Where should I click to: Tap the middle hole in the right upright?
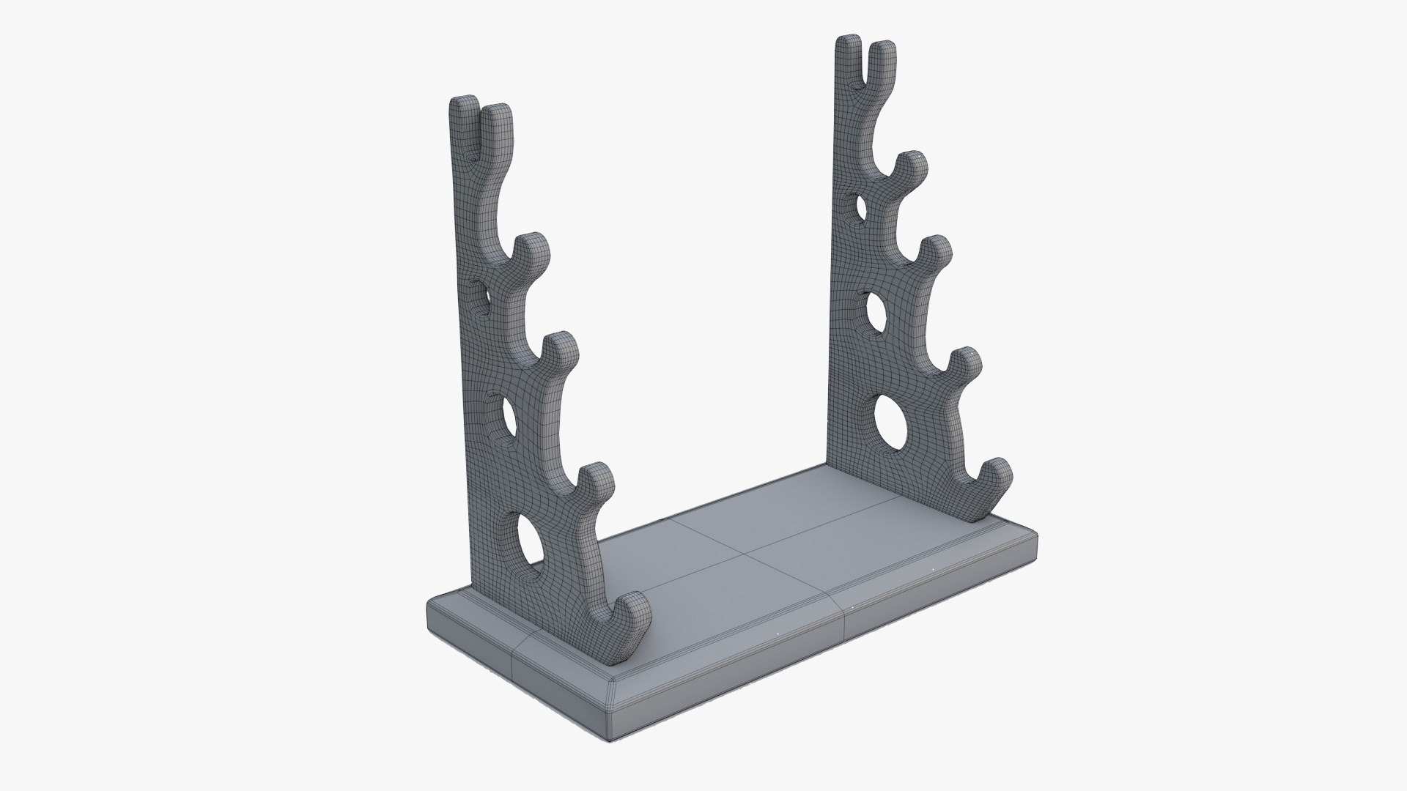coord(875,311)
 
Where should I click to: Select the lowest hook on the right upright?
coord(997,476)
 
